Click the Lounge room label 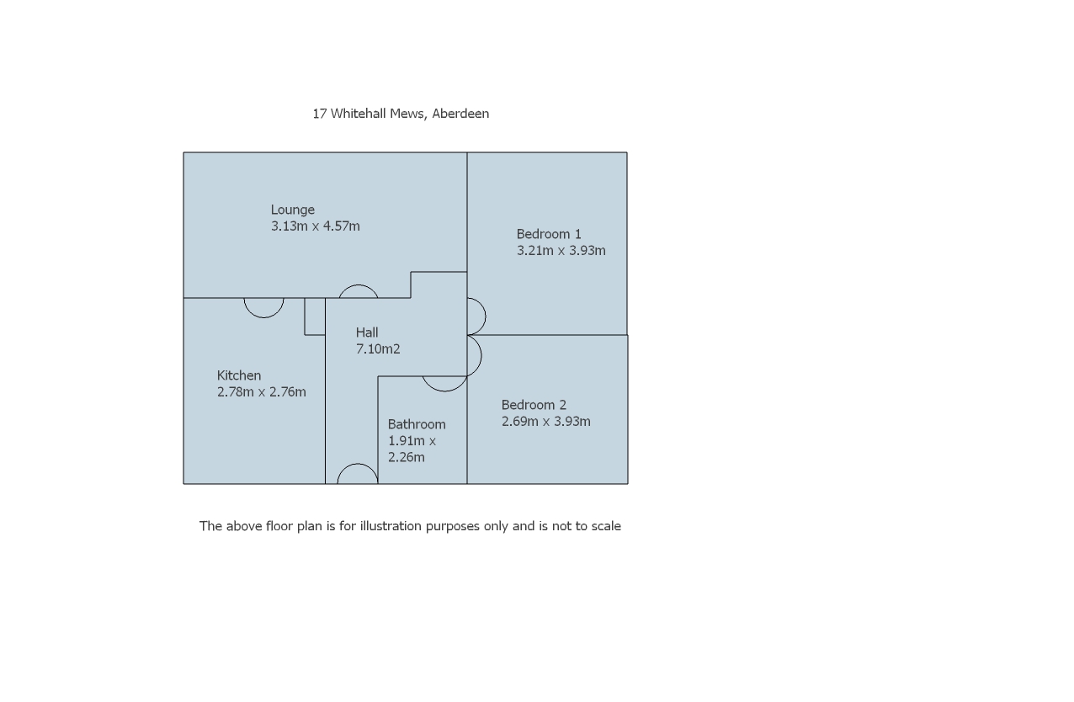(292, 210)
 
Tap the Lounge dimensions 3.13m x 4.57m (315, 226)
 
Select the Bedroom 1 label (549, 234)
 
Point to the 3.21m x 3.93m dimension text (561, 250)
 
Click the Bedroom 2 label (534, 405)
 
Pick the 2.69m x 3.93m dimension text (545, 421)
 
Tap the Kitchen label (239, 375)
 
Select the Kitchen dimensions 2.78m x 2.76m (261, 391)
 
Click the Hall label (367, 332)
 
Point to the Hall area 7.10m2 (378, 348)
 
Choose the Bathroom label (417, 424)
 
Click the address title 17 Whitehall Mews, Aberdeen (401, 114)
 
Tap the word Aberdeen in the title (460, 114)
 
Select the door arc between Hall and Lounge (359, 290)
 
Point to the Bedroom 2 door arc (476, 355)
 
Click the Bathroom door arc (444, 385)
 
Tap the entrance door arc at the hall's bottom (358, 472)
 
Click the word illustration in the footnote (391, 526)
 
